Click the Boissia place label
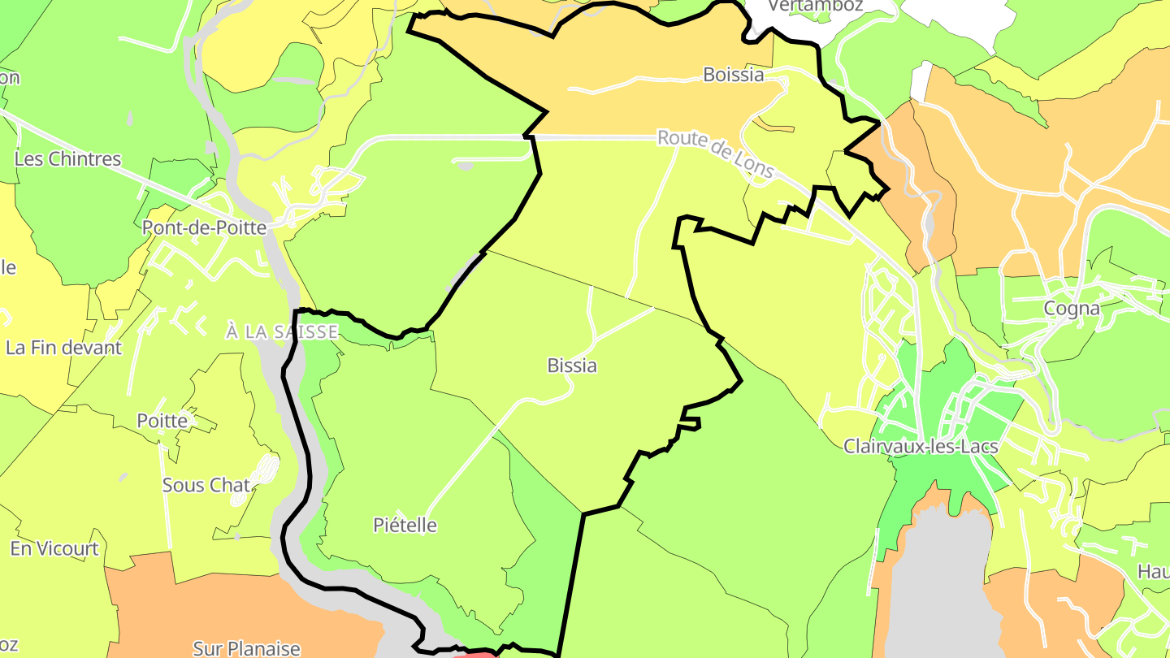point(733,75)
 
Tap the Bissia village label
point(572,366)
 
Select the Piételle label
point(405,526)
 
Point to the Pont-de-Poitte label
point(204,227)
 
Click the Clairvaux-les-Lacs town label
point(921,446)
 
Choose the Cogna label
point(1072,309)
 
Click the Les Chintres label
point(67,159)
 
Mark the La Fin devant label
point(63,348)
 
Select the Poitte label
point(162,421)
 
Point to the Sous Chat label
point(206,485)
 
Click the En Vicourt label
point(54,548)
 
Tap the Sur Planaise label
point(246,648)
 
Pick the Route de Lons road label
point(715,153)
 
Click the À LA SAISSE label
point(281,331)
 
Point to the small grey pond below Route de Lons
point(465,166)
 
